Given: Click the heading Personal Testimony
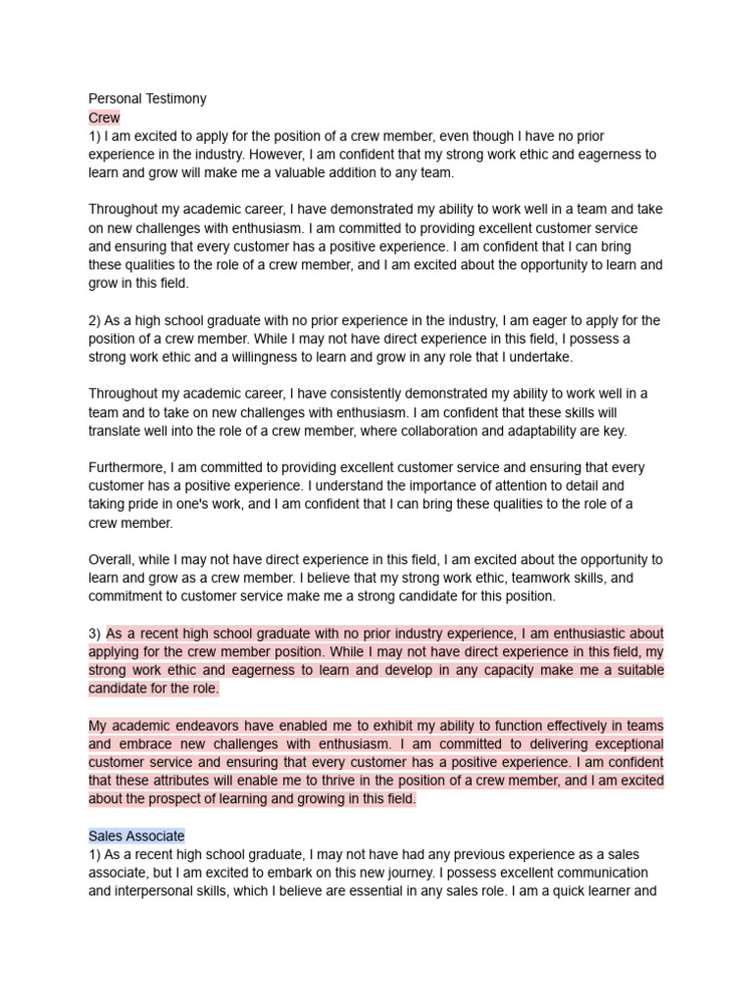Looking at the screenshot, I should [147, 99].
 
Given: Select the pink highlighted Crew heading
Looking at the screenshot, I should [104, 118].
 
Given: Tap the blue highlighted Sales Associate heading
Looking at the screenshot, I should [136, 836].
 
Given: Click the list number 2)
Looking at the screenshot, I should [97, 320].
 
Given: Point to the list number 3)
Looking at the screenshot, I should [95, 634].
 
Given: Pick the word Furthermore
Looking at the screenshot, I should [129, 467].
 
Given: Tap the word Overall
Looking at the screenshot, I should [114, 559].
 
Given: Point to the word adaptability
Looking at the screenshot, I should [560, 431].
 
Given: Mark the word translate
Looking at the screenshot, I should [119, 431].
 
